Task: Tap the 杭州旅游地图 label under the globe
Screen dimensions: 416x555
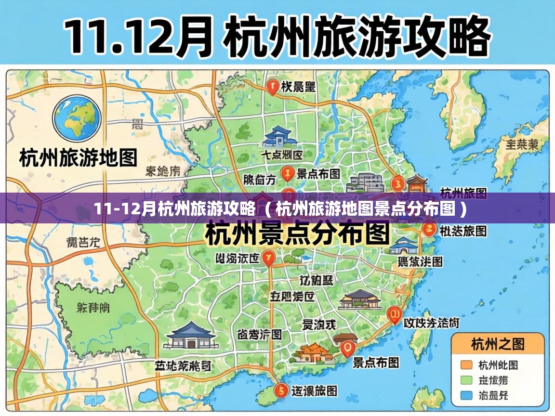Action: (x=79, y=157)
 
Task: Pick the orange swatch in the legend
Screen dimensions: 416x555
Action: (x=466, y=364)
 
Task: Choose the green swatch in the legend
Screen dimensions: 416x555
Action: (x=466, y=380)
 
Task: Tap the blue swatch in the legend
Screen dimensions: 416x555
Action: (x=466, y=395)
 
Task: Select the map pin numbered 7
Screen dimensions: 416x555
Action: (x=269, y=258)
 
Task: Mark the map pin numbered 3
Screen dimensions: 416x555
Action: (x=398, y=183)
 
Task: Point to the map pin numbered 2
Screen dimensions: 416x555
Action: (x=427, y=229)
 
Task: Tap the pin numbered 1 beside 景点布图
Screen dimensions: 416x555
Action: (x=288, y=173)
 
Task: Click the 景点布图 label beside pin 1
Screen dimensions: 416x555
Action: (x=318, y=173)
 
